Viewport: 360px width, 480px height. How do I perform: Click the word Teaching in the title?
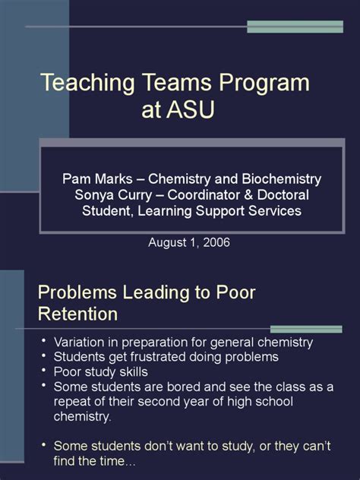(x=87, y=83)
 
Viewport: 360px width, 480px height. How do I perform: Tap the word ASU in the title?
(x=190, y=109)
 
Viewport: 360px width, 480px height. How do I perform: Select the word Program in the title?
(x=264, y=84)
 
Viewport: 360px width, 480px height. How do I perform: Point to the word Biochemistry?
(x=281, y=179)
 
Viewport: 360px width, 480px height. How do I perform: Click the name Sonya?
(x=93, y=196)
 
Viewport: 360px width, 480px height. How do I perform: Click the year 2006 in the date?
(x=216, y=242)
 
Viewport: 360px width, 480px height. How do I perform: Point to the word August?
(x=167, y=243)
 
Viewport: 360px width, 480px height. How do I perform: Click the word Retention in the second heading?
(x=77, y=314)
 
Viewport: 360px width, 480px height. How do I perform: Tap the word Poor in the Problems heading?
(x=235, y=292)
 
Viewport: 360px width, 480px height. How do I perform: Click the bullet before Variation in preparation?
(x=44, y=340)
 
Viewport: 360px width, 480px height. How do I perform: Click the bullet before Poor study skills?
(x=44, y=370)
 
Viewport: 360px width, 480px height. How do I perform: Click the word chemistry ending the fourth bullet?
(x=82, y=417)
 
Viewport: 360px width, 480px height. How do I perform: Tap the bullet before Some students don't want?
(x=44, y=444)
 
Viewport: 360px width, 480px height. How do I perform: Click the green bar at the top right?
(x=295, y=27)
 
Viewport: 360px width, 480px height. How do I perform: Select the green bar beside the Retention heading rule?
(x=306, y=329)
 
